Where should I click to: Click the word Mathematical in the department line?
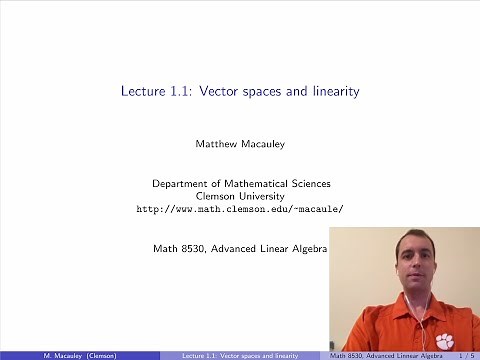[x=255, y=184]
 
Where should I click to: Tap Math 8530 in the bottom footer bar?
[x=346, y=354]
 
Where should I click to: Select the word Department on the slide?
[x=181, y=184]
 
